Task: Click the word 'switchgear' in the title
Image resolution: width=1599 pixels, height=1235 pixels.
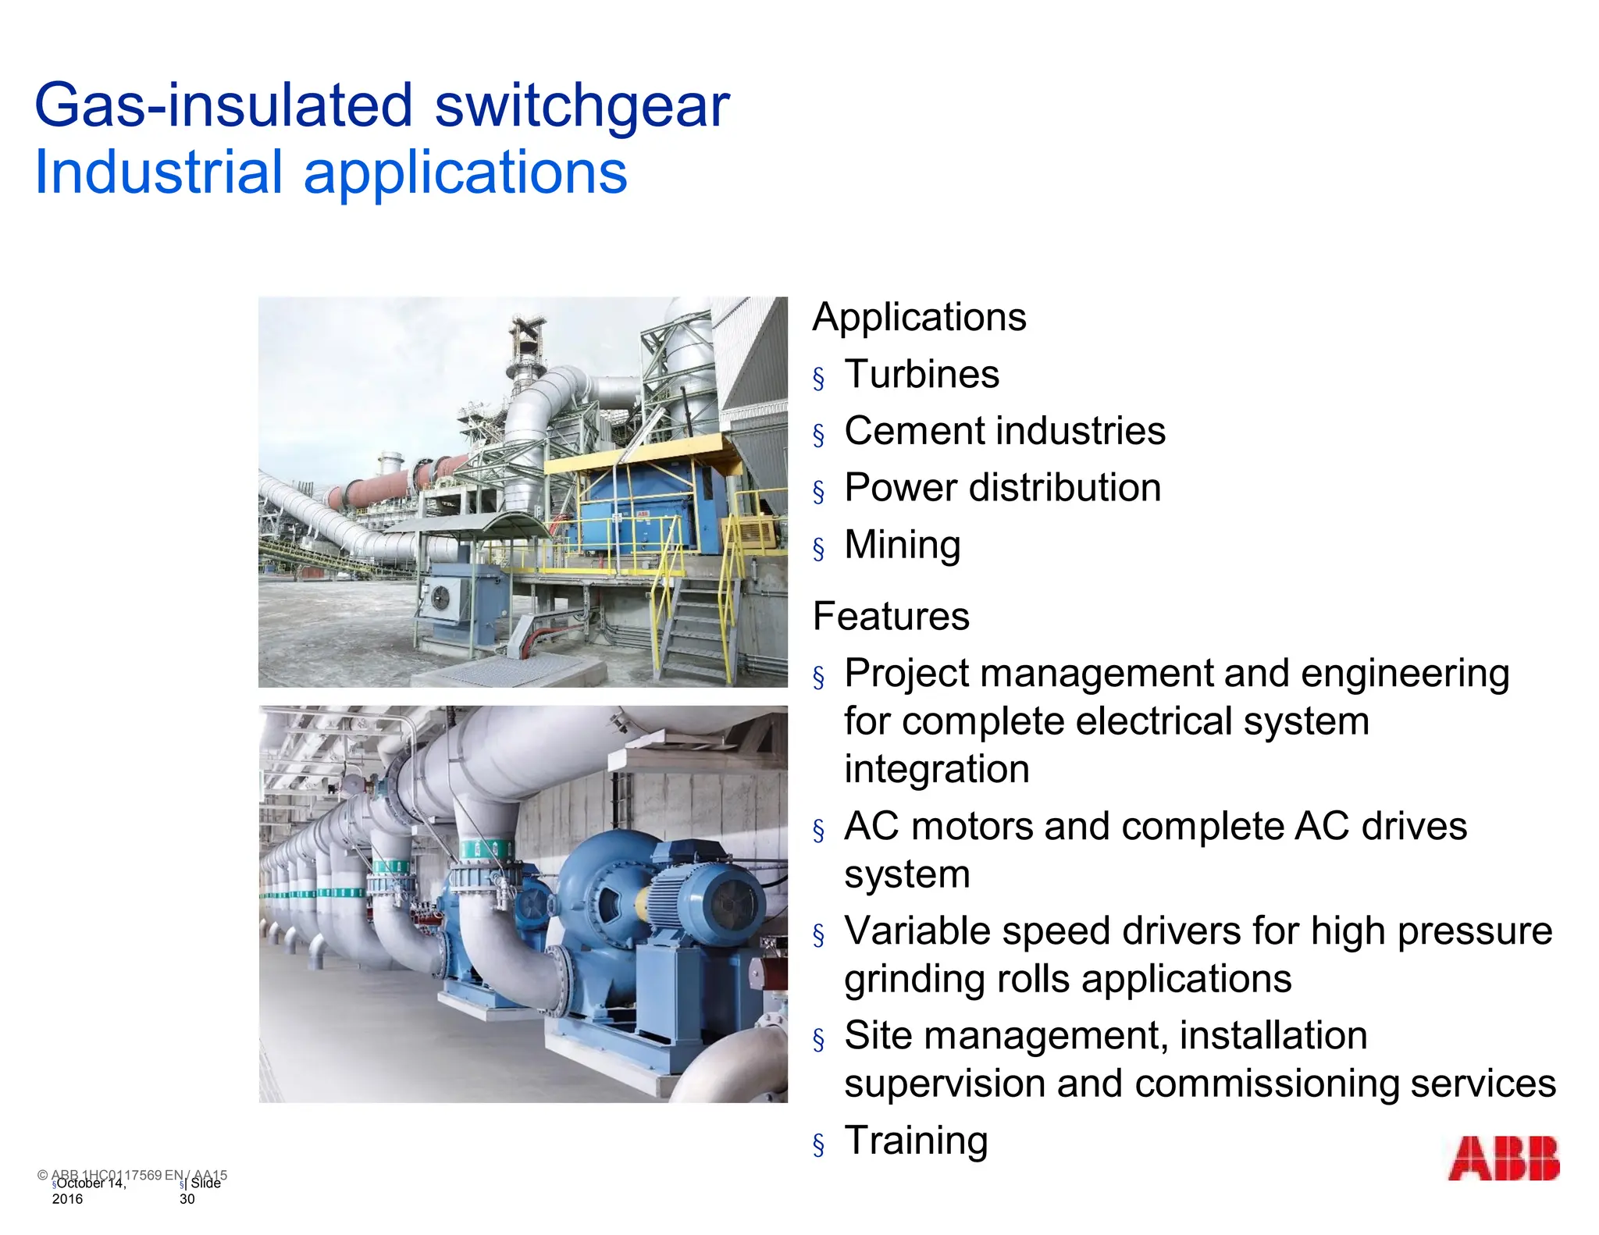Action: tap(582, 105)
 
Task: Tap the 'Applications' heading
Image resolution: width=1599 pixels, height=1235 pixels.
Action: tap(919, 317)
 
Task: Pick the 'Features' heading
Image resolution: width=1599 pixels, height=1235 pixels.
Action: tap(891, 616)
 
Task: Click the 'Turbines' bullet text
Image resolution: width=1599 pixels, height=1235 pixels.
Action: tap(921, 374)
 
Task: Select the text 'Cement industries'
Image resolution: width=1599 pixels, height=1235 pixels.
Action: tap(1005, 431)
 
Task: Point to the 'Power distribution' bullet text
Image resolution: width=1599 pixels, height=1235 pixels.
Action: tap(1002, 488)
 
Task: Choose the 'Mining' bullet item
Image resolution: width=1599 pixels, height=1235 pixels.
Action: tap(902, 545)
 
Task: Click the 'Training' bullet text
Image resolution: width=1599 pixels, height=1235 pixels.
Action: tap(916, 1141)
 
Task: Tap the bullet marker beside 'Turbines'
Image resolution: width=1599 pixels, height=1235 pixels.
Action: tap(818, 379)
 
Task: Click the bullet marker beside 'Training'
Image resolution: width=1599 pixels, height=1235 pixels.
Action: tap(818, 1145)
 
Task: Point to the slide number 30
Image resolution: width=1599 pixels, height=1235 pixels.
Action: tap(187, 1199)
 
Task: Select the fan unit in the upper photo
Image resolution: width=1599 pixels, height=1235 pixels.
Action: tap(442, 597)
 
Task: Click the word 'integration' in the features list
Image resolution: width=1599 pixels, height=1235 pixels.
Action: tap(936, 769)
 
